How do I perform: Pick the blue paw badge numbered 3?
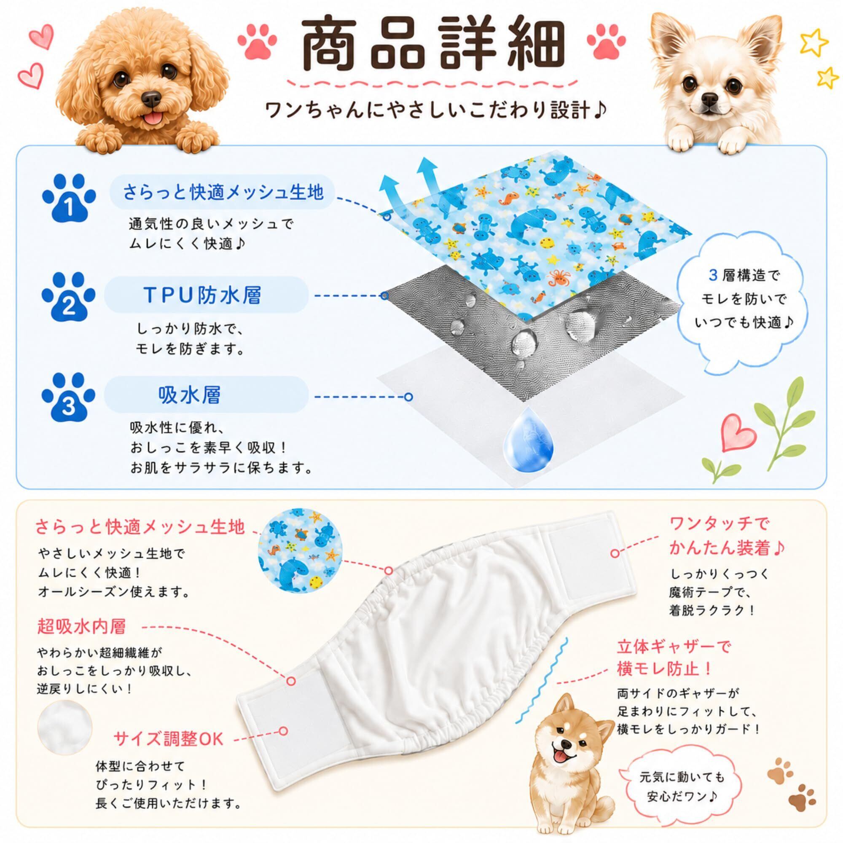[x=69, y=397]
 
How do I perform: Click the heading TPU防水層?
[x=203, y=295]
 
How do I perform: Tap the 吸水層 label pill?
[x=206, y=395]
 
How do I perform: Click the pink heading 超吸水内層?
[x=82, y=627]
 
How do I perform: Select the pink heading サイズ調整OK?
[x=169, y=739]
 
